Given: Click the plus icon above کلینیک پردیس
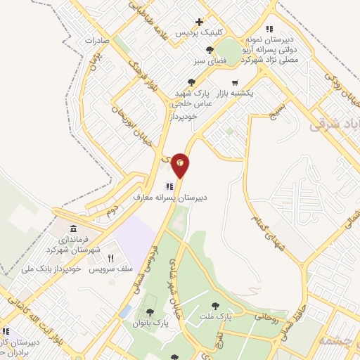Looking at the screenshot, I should (x=200, y=22).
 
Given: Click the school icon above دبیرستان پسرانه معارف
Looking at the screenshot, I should (x=168, y=186).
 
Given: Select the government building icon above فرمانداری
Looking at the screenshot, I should (x=74, y=229).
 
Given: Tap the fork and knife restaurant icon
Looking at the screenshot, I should (x=110, y=258).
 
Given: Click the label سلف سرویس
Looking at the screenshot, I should (x=111, y=270).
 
